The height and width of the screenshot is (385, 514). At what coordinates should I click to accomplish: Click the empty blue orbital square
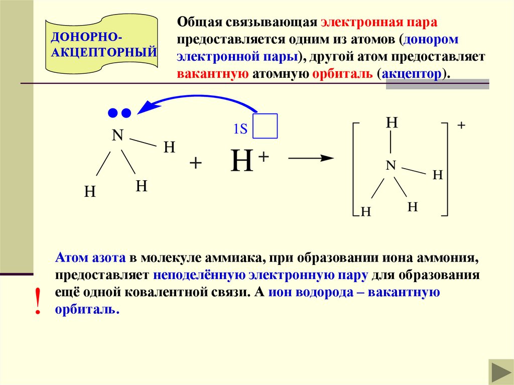266,125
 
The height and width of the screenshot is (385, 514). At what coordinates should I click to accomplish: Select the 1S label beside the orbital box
240,129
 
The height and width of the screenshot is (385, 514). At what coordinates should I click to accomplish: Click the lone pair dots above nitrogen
120,113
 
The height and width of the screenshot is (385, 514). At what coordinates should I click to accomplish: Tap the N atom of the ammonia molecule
117,136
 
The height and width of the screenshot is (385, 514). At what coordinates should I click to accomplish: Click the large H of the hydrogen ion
241,161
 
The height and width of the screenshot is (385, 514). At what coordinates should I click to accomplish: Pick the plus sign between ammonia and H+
196,164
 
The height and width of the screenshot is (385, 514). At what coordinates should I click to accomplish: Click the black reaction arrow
311,158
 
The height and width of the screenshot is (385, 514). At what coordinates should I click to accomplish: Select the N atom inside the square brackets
391,165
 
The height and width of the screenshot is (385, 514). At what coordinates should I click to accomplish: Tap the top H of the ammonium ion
392,123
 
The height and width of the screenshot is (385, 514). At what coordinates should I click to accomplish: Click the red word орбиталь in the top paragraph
342,73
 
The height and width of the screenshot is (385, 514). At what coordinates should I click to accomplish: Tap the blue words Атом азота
90,259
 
